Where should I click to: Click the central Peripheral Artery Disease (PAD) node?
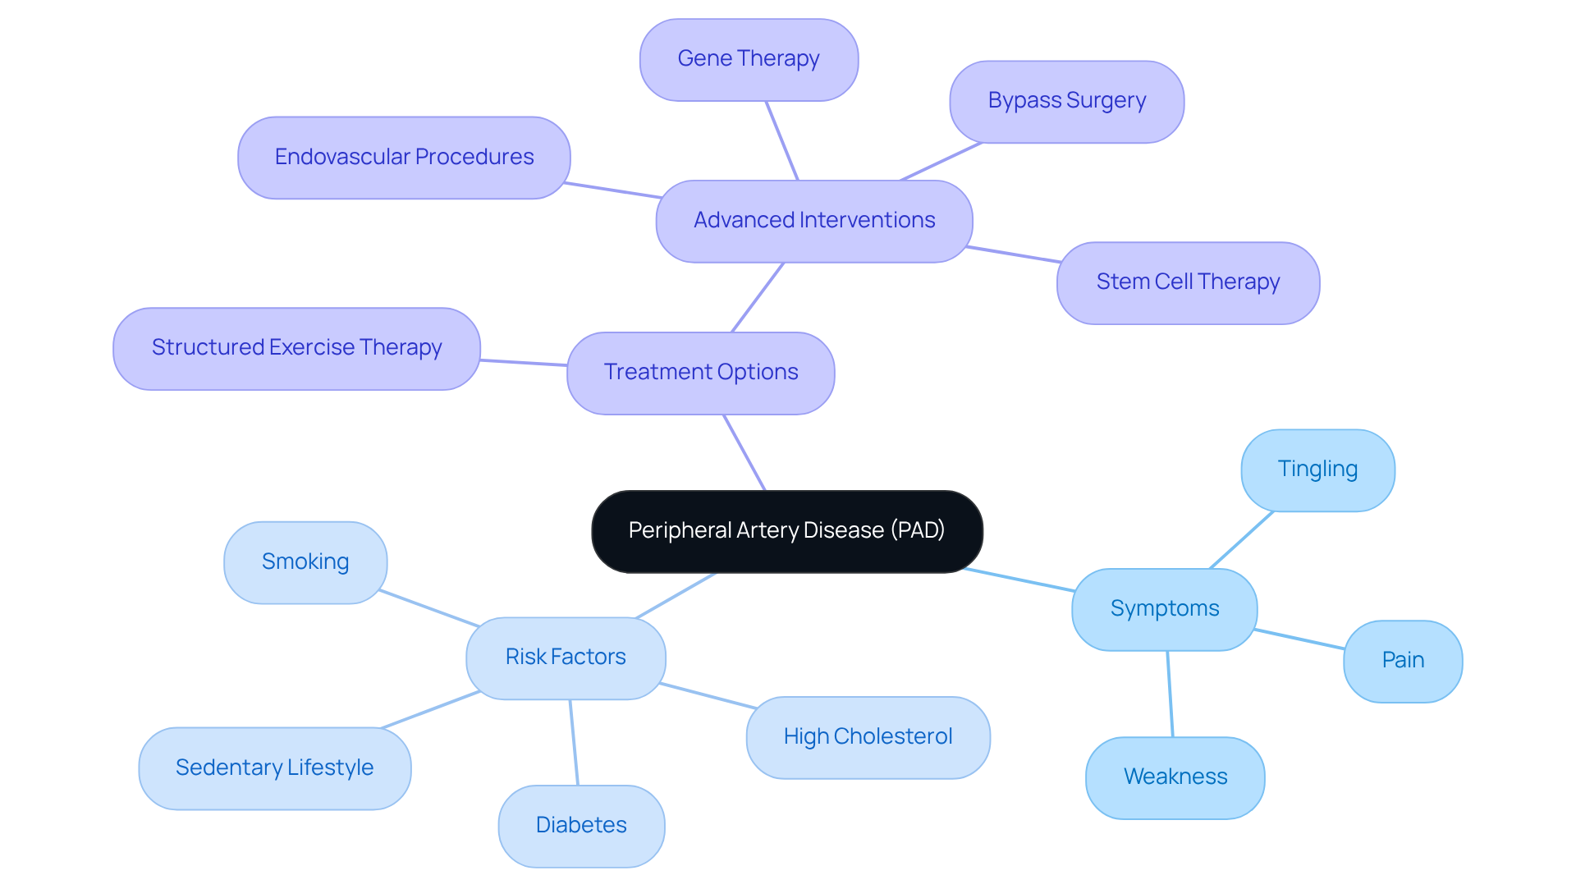(x=786, y=531)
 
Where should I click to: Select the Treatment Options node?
(x=700, y=373)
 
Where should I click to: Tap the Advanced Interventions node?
(x=813, y=221)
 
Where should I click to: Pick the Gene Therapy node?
(x=748, y=59)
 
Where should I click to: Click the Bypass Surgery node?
(x=1066, y=101)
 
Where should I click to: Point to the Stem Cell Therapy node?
(x=1187, y=282)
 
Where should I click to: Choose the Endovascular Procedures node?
(x=404, y=157)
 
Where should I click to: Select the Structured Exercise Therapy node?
(x=296, y=348)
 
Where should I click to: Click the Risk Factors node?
(x=565, y=658)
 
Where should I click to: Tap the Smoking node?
(x=305, y=562)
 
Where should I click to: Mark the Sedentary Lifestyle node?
(x=274, y=768)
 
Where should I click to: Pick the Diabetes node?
(x=580, y=826)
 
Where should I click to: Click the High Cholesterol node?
(x=868, y=737)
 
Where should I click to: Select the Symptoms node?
(x=1164, y=609)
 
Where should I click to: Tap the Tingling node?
(x=1317, y=470)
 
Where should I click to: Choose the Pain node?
(x=1402, y=661)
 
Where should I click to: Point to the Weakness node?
(x=1175, y=777)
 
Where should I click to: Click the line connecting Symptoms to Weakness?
(x=1170, y=694)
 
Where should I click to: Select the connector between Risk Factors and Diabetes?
(x=574, y=742)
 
